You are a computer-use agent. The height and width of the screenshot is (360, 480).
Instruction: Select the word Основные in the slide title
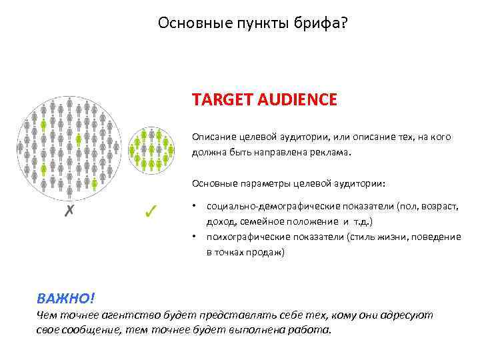[187, 24]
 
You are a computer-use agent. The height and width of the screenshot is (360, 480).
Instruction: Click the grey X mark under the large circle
[68, 211]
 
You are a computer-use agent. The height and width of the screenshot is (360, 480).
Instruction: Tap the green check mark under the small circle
[150, 211]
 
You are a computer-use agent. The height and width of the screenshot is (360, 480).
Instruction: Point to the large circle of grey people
[69, 145]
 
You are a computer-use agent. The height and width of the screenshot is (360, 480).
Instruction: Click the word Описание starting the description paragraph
[212, 137]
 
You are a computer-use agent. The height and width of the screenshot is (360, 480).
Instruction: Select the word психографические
[243, 237]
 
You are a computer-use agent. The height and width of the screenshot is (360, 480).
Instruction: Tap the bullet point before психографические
[193, 237]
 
